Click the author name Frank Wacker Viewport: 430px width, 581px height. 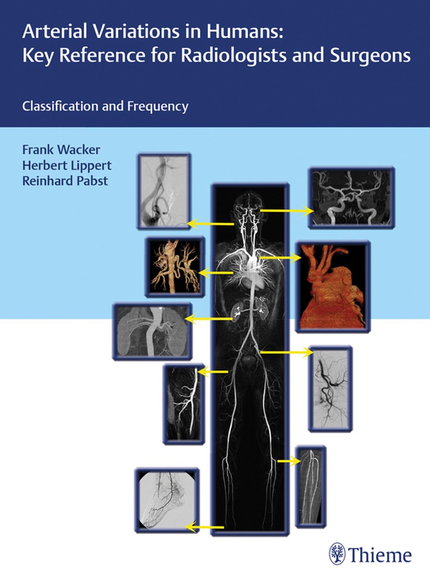point(61,150)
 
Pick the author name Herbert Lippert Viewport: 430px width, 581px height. point(67,165)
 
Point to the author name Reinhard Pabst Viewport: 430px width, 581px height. point(65,180)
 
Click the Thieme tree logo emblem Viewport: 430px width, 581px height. point(337,554)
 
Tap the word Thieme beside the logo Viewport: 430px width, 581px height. point(380,555)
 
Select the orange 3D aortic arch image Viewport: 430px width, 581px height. point(333,287)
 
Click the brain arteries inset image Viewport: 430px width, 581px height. point(351,197)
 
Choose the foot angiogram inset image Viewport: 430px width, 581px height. point(167,500)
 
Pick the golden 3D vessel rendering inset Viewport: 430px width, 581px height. point(175,267)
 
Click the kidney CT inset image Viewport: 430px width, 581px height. point(152,331)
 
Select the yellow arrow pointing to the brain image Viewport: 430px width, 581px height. point(287,211)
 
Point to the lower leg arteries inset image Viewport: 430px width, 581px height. point(310,486)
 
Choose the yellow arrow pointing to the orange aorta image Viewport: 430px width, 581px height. point(280,258)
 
